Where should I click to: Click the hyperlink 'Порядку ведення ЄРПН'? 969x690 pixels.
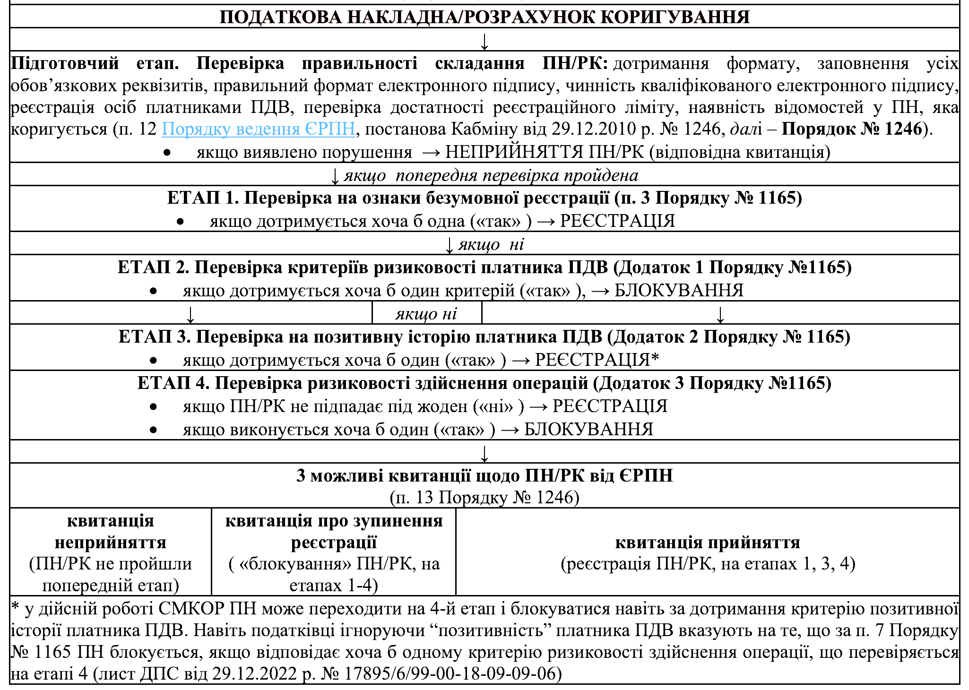(258, 129)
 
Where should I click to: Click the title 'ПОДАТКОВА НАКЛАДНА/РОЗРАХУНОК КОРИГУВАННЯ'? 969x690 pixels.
(484, 17)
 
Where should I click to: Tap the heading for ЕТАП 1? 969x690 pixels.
(484, 198)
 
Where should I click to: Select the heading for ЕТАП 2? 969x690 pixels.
(484, 267)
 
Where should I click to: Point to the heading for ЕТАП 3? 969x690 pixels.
(484, 337)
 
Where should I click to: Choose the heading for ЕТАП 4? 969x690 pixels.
(484, 383)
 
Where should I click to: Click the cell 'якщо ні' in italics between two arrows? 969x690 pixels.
(426, 314)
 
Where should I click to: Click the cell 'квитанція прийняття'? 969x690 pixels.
(708, 543)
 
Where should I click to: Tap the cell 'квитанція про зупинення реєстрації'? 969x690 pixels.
(334, 532)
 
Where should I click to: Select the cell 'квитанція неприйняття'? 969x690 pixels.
(111, 532)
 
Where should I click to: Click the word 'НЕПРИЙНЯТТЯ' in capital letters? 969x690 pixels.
(514, 152)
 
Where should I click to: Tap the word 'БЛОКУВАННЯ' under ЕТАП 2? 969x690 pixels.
(679, 291)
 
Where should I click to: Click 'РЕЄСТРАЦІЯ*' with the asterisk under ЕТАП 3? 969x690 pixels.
(597, 360)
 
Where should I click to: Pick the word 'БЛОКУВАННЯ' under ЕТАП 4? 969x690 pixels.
(588, 430)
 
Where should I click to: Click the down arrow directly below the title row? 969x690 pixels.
(484, 41)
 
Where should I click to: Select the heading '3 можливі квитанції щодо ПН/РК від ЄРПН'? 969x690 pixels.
(484, 475)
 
